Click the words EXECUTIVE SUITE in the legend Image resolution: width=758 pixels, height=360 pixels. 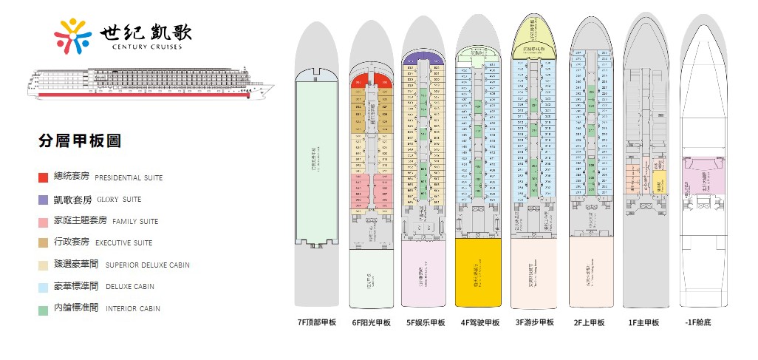pyautogui.click(x=123, y=243)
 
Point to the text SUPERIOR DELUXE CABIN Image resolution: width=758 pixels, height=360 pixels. pyautogui.click(x=148, y=265)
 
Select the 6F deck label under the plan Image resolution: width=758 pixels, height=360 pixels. pyautogui.click(x=371, y=322)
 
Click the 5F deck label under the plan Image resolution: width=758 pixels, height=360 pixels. pyautogui.click(x=426, y=322)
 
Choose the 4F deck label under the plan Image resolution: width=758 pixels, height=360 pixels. pyautogui.click(x=480, y=322)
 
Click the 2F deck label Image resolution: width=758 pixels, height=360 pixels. pyautogui.click(x=589, y=322)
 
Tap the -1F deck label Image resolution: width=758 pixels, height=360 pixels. pyautogui.click(x=698, y=322)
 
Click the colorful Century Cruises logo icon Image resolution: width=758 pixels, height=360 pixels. pyautogui.click(x=75, y=36)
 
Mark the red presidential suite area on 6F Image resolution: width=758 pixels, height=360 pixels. pyautogui.click(x=371, y=80)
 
